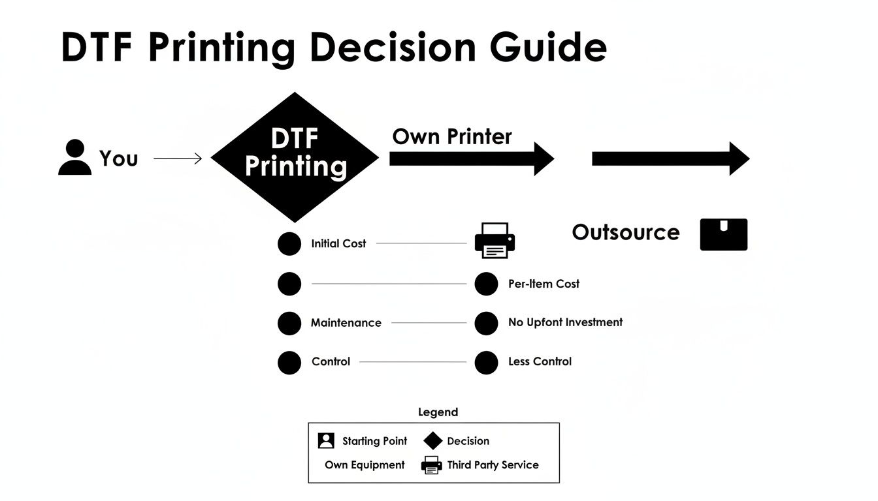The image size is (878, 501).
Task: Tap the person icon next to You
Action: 74,158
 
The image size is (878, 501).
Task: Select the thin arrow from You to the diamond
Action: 178,158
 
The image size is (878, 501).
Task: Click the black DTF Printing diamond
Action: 295,157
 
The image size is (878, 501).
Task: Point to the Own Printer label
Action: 452,136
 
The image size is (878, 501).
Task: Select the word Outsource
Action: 625,232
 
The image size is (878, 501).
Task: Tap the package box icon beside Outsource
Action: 723,235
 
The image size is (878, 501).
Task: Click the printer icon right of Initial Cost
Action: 495,240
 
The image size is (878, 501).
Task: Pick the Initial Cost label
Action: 338,243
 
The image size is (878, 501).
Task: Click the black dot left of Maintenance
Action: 289,323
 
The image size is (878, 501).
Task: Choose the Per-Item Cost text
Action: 544,284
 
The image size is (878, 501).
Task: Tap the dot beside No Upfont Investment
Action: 486,323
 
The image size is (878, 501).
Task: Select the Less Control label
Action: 540,361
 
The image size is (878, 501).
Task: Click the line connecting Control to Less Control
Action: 413,361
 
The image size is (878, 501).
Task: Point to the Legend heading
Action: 438,412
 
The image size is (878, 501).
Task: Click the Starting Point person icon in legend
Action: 326,441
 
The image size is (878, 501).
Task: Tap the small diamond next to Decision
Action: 433,441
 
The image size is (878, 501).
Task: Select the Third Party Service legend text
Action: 493,465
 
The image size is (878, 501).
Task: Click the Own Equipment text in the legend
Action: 365,465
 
